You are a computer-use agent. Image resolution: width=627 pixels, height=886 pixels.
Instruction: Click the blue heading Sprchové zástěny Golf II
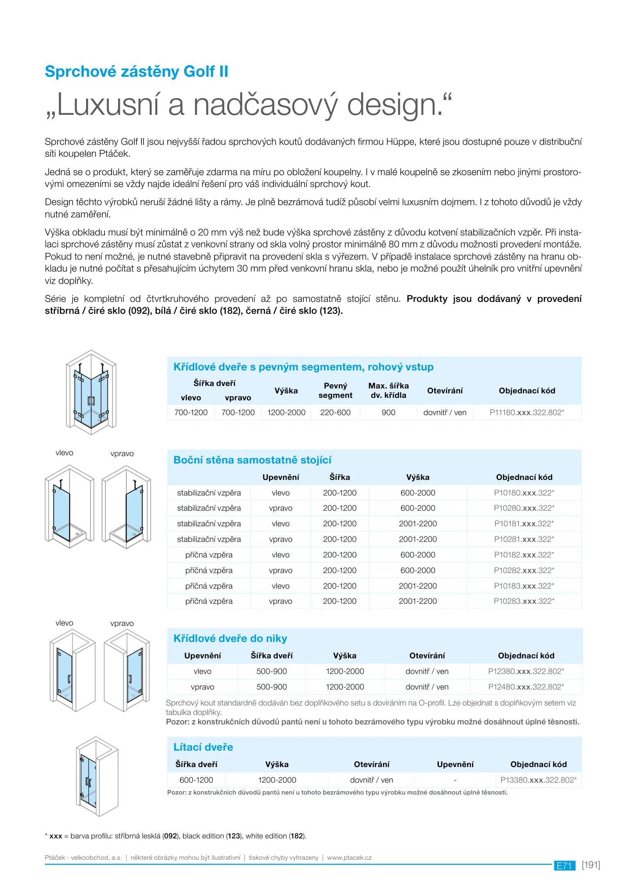[136, 71]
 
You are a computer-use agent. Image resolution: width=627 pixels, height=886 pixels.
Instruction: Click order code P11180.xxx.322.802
[527, 412]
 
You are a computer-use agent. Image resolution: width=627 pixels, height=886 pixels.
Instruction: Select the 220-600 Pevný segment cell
[335, 412]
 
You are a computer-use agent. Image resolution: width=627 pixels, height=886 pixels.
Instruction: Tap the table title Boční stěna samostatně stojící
[252, 460]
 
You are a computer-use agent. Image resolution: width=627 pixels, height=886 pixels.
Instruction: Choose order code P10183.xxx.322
[524, 586]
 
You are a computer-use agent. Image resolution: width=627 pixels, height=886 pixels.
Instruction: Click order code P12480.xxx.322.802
[526, 687]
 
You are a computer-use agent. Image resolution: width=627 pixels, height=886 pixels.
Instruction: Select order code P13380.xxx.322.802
[538, 780]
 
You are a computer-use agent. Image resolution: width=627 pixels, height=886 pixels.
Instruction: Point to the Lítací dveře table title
[203, 747]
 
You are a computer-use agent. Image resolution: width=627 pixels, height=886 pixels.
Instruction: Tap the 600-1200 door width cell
[196, 780]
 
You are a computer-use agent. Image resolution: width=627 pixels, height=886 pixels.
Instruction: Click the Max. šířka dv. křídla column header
[388, 390]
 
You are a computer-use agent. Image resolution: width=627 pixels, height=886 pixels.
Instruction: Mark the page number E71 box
[564, 865]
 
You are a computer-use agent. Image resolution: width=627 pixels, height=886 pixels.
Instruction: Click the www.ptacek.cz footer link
[349, 858]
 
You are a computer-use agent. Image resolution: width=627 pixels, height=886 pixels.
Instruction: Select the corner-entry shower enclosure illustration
[91, 392]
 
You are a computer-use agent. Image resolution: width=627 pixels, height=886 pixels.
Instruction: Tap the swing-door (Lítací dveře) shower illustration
[97, 776]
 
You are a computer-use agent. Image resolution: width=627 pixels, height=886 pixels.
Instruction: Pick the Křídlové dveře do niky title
[230, 638]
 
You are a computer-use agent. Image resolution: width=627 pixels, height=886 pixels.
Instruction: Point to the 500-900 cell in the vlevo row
[271, 671]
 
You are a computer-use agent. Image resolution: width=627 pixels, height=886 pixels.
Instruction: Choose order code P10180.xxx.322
[524, 493]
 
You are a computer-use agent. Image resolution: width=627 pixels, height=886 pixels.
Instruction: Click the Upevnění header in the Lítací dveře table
[455, 764]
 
